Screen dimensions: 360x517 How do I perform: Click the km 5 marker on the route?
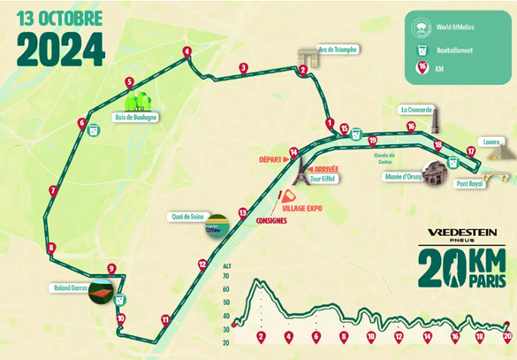pyautogui.click(x=130, y=82)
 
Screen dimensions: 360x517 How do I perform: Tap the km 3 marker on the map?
pyautogui.click(x=243, y=67)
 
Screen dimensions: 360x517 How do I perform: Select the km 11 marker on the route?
pyautogui.click(x=164, y=319)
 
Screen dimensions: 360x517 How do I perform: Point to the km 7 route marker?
pyautogui.click(x=54, y=189)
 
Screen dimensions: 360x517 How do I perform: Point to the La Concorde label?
pyautogui.click(x=415, y=111)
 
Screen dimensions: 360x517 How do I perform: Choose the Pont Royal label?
pyautogui.click(x=470, y=185)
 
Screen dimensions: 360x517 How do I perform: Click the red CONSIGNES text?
pyautogui.click(x=271, y=220)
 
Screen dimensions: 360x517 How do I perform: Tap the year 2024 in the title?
pyautogui.click(x=60, y=50)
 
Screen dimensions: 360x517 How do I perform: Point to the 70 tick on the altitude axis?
pyautogui.click(x=227, y=276)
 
